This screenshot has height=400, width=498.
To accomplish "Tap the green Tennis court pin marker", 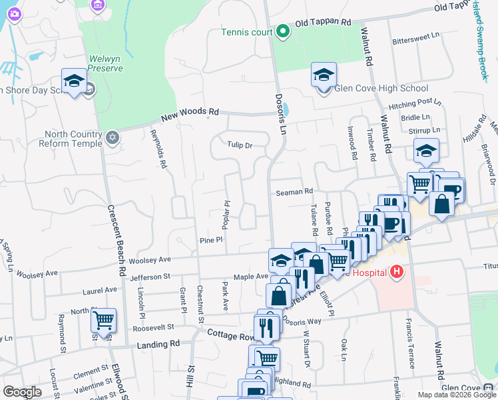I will pyautogui.click(x=282, y=31).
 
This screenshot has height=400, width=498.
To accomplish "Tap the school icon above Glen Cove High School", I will pyautogui.click(x=324, y=76).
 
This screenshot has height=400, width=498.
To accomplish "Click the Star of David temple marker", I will pyautogui.click(x=113, y=138).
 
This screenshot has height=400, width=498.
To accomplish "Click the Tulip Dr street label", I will pyautogui.click(x=240, y=145).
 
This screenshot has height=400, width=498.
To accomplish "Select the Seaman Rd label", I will pyautogui.click(x=294, y=192).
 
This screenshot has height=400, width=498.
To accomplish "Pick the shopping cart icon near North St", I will pyautogui.click(x=103, y=321).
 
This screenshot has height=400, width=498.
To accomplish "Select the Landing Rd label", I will pyautogui.click(x=158, y=345).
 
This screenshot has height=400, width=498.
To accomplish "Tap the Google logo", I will pyautogui.click(x=22, y=392).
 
